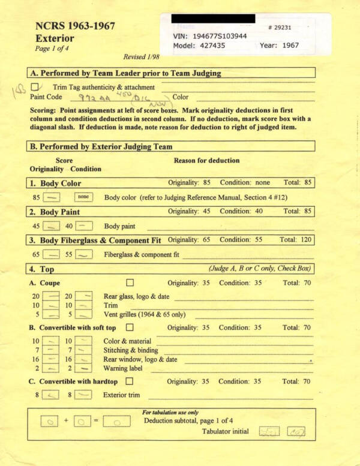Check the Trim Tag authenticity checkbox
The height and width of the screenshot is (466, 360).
34,88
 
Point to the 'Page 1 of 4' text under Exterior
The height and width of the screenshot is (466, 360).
51,49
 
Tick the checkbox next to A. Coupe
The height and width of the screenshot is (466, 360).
130,282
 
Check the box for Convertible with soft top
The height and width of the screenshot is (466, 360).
130,328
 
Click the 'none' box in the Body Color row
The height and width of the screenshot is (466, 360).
83,197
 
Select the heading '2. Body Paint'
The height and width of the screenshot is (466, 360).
54,212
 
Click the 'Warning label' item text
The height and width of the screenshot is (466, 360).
125,368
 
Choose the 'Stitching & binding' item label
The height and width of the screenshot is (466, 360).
131,350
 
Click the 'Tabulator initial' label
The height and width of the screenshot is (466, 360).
225,431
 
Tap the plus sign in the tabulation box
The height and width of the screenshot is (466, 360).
66,421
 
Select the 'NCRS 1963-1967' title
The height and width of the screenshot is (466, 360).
75,26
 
